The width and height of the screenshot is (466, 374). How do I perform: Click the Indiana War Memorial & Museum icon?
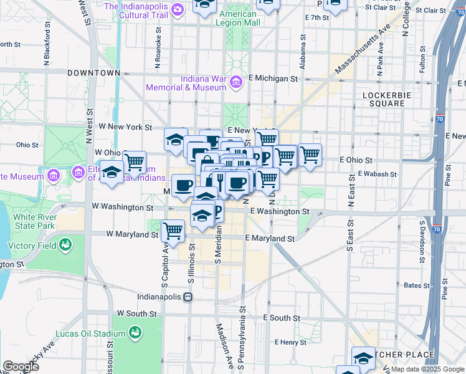(236, 82)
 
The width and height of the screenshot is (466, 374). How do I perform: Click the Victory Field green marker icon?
(65, 246)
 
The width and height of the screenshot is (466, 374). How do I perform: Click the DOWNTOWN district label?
(93, 73)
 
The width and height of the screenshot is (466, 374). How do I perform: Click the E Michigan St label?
(273, 79)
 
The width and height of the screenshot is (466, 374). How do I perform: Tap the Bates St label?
(413, 285)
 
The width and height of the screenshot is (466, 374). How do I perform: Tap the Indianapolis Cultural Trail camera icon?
(178, 9)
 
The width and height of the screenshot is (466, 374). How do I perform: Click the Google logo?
(21, 366)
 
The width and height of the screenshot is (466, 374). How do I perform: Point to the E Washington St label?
(280, 212)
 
